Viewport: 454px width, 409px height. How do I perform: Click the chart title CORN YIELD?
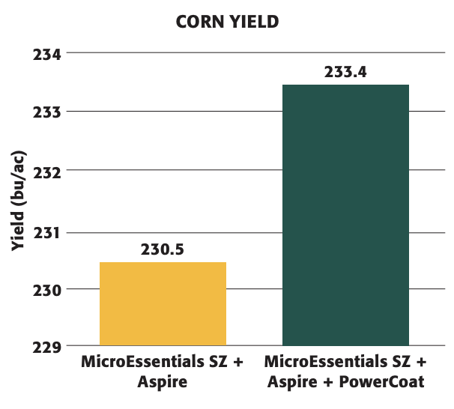pyautogui.click(x=226, y=22)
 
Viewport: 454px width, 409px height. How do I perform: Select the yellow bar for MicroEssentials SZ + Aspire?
pyautogui.click(x=163, y=303)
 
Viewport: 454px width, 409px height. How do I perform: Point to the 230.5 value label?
pyautogui.click(x=163, y=249)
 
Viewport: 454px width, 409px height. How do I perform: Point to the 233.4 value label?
pyautogui.click(x=345, y=73)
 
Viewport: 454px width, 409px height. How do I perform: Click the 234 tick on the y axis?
pyautogui.click(x=46, y=54)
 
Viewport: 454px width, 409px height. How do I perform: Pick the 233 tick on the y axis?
pyautogui.click(x=46, y=112)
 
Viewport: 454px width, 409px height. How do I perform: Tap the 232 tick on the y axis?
pyautogui.click(x=46, y=171)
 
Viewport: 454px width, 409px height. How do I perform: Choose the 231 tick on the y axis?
pyautogui.click(x=46, y=232)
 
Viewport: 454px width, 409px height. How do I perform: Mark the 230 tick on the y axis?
pyautogui.click(x=46, y=289)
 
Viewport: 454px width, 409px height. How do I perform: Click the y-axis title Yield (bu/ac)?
pyautogui.click(x=16, y=201)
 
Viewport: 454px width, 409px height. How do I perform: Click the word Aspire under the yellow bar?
pyautogui.click(x=162, y=382)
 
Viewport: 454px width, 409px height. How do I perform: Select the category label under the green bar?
pyautogui.click(x=345, y=372)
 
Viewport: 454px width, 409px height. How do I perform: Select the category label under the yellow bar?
pyautogui.click(x=163, y=372)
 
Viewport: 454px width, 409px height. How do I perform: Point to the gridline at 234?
pyautogui.click(x=247, y=53)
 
